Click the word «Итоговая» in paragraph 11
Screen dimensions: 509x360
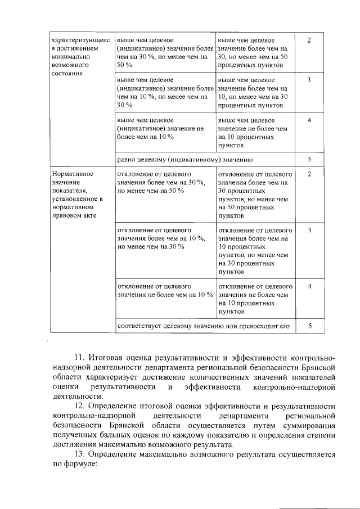[x=109, y=358]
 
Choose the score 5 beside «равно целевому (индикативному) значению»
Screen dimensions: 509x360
[x=309, y=160]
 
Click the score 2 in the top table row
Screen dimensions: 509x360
[x=309, y=41]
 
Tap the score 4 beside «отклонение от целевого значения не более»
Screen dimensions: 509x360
[x=309, y=286]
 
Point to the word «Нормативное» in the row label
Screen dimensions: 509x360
[x=72, y=174]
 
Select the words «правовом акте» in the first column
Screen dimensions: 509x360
[x=73, y=215]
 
